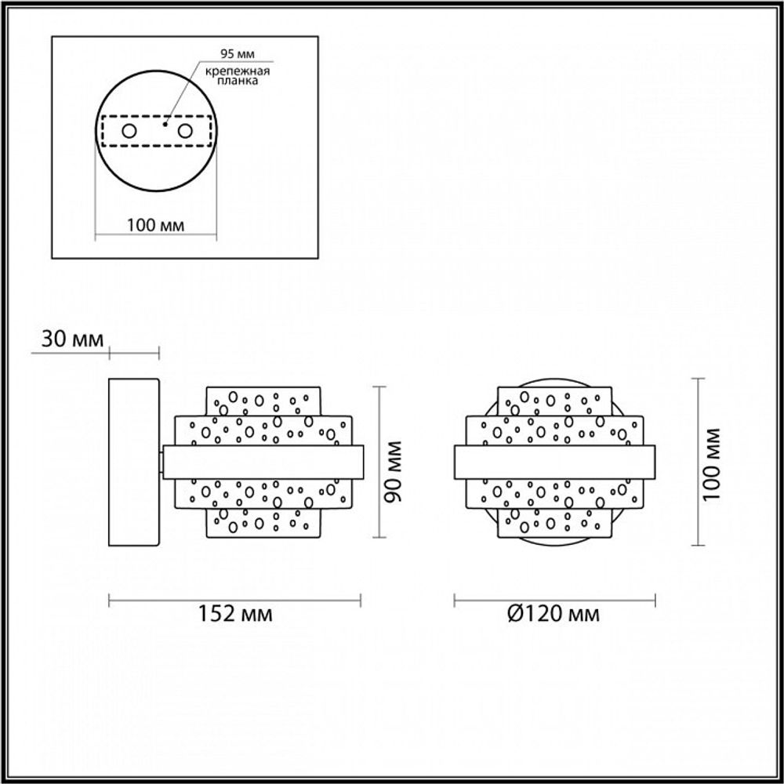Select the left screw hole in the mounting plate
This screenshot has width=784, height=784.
pyautogui.click(x=130, y=131)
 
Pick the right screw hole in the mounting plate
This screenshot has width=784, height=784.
pyautogui.click(x=185, y=131)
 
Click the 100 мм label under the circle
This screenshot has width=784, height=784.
pyautogui.click(x=155, y=226)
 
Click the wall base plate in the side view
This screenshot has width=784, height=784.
pyautogui.click(x=134, y=462)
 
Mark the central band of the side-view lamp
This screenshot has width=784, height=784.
pyautogui.click(x=263, y=462)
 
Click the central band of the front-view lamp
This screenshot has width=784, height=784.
pyautogui.click(x=555, y=462)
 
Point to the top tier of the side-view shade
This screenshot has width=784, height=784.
pyautogui.click(x=263, y=401)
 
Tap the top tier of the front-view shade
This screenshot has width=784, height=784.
pyautogui.click(x=555, y=401)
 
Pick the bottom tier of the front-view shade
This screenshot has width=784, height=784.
pyautogui.click(x=555, y=523)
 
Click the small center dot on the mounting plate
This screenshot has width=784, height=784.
pyautogui.click(x=165, y=123)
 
